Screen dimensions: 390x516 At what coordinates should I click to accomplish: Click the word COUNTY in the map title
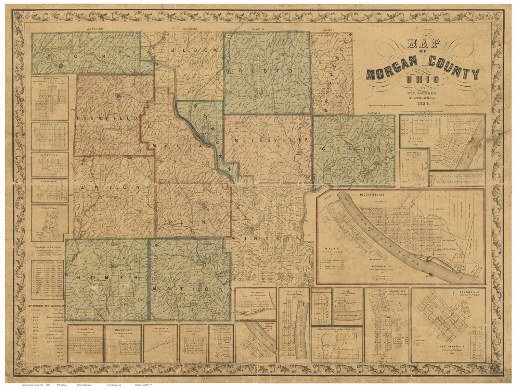454,67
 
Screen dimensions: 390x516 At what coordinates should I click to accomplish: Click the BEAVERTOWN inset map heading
50,79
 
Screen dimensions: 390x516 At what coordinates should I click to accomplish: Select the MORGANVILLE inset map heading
50,124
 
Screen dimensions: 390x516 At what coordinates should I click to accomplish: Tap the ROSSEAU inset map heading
50,155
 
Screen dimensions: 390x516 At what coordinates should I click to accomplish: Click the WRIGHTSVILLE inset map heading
50,207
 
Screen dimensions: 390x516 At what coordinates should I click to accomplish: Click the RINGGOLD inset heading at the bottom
85,328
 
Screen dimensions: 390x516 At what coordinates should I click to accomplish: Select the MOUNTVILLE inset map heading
123,328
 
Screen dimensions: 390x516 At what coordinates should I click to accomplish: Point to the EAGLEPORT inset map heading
293,291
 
